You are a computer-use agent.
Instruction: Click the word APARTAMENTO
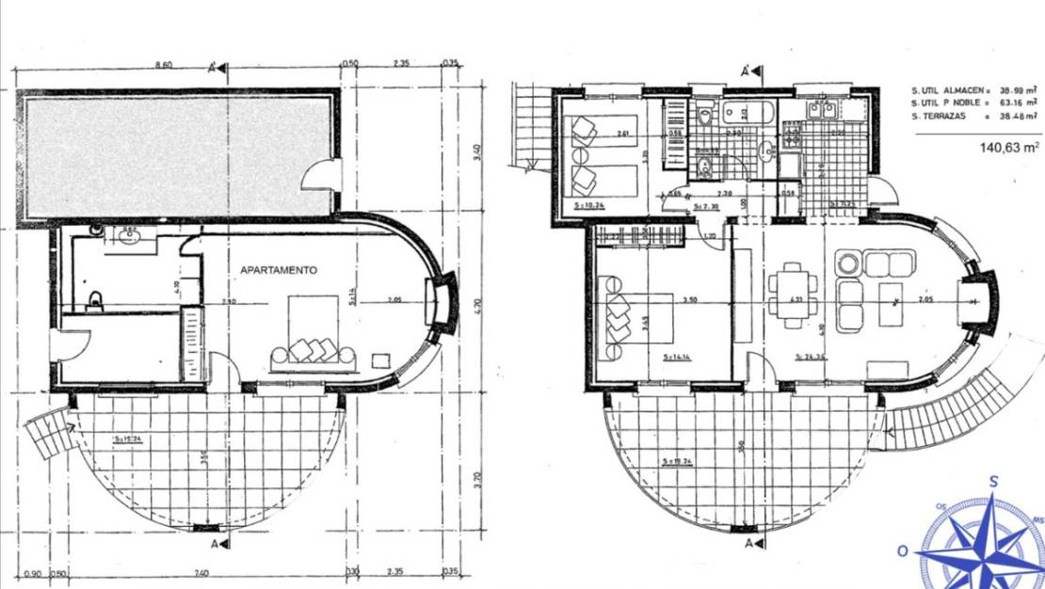pyautogui.click(x=279, y=270)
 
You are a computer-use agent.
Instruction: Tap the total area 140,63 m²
pyautogui.click(x=1009, y=148)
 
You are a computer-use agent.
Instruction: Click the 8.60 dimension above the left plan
pyautogui.click(x=164, y=65)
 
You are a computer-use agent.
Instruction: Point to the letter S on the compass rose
pyautogui.click(x=992, y=481)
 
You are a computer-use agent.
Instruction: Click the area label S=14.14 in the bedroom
pyautogui.click(x=672, y=357)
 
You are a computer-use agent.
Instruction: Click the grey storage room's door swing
pyautogui.click(x=317, y=174)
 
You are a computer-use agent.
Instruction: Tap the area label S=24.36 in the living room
pyautogui.click(x=810, y=357)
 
